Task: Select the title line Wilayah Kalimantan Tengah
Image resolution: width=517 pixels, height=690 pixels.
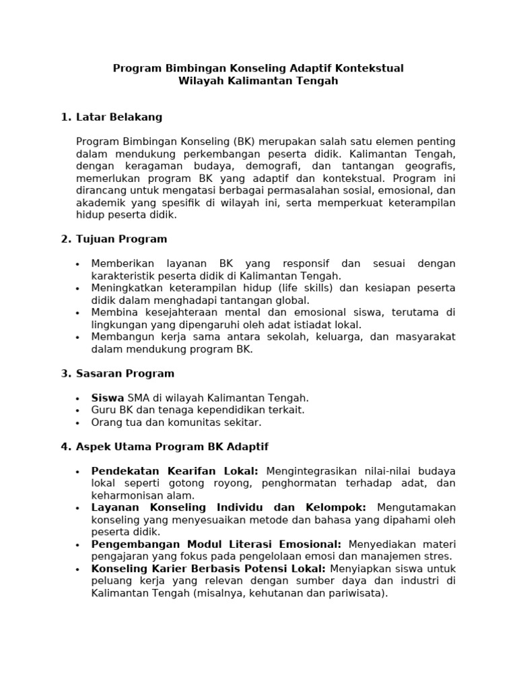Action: (258, 81)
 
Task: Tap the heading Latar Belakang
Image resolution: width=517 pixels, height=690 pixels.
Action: (119, 117)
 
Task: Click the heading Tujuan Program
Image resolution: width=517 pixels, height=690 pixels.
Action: (122, 239)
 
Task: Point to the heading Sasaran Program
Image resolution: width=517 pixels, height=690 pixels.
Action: (125, 373)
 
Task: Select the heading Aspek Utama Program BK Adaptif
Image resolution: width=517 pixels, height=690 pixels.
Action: (172, 447)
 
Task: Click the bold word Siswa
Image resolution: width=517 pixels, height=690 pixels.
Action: (108, 398)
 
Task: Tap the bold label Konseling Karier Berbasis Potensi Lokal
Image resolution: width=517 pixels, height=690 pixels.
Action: (209, 569)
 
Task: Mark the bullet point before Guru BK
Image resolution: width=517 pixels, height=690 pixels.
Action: (79, 410)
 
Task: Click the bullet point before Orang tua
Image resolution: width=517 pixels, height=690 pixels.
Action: (79, 423)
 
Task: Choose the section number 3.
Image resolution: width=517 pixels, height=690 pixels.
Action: (65, 373)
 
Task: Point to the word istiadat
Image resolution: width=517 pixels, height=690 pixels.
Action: (292, 325)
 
